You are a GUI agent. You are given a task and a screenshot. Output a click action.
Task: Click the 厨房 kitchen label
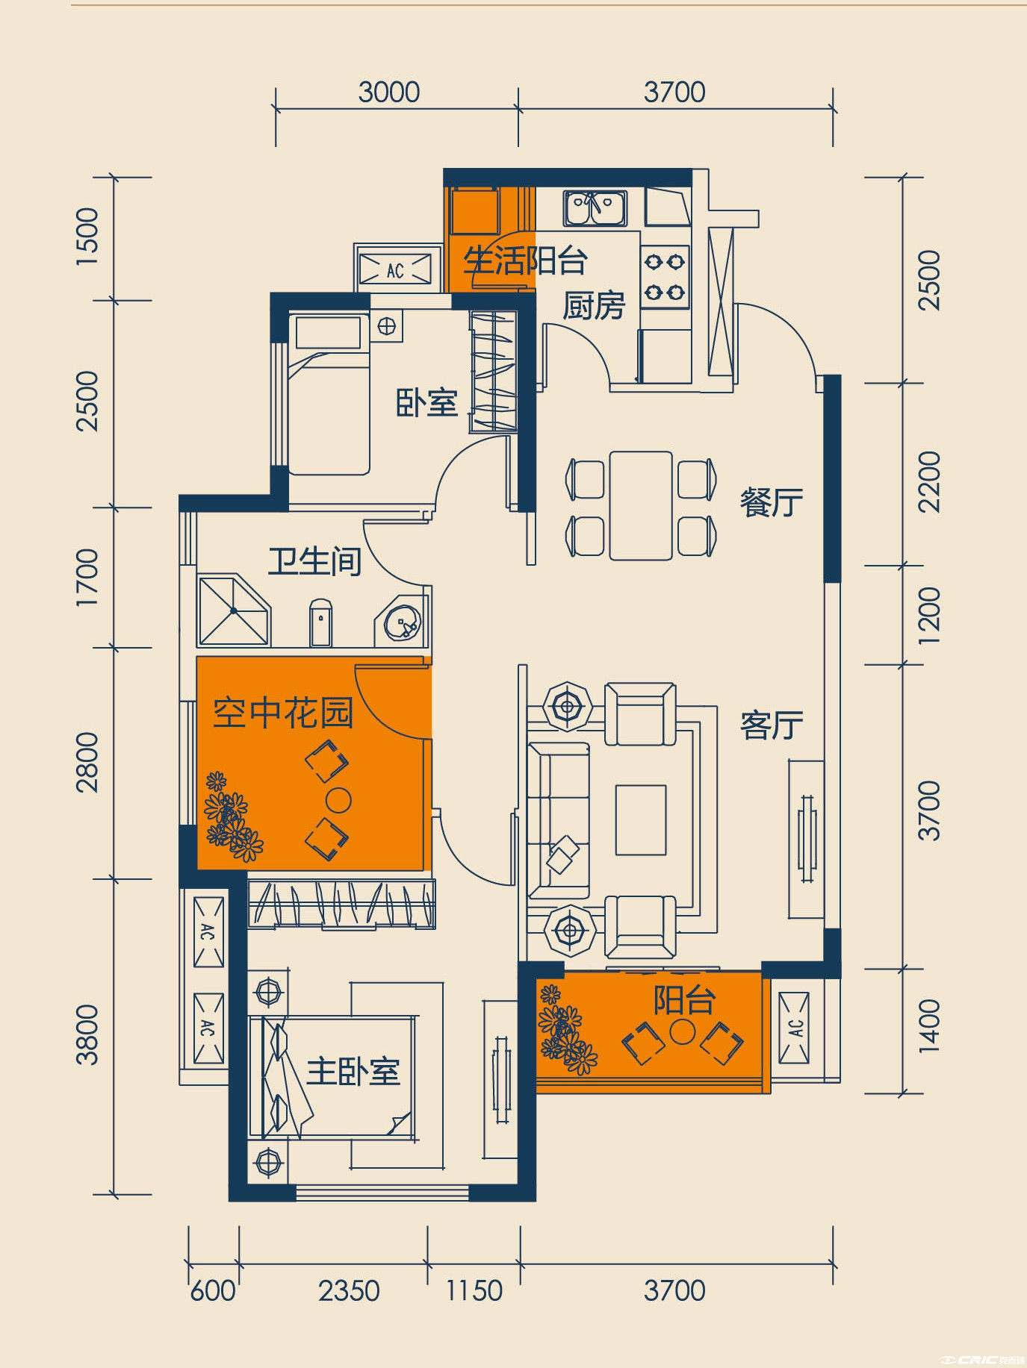pos(593,306)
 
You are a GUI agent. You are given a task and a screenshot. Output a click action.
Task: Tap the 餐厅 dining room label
pos(771,502)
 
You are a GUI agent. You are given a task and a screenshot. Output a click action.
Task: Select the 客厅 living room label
pos(771,725)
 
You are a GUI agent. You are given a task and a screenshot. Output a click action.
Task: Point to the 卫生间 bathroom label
pos(314,561)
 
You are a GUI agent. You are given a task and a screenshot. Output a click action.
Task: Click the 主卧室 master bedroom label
pos(353,1072)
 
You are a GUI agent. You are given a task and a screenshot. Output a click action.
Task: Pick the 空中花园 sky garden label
pos(283,713)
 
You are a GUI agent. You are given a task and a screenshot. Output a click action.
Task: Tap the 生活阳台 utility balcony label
pos(525,261)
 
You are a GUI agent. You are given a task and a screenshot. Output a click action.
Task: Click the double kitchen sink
pos(595,208)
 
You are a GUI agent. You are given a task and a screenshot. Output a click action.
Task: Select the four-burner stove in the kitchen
pos(665,277)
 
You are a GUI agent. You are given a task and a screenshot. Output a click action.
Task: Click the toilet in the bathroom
pos(320,621)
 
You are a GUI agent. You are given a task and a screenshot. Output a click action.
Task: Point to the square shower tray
pos(234,610)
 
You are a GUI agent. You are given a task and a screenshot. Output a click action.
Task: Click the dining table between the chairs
pos(641,505)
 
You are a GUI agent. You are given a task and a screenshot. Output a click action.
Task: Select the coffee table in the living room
pos(641,819)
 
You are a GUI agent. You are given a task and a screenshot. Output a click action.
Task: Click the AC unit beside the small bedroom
pos(395,269)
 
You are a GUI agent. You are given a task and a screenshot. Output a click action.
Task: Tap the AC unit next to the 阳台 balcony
pos(794,1028)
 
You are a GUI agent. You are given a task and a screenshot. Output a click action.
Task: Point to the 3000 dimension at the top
pos(389,93)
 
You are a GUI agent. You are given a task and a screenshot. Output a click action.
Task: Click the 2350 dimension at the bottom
pos(349,1291)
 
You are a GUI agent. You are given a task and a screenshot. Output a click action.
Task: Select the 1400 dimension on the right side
pos(928,1026)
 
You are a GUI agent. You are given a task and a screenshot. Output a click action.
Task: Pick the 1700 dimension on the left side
pos(87,577)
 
